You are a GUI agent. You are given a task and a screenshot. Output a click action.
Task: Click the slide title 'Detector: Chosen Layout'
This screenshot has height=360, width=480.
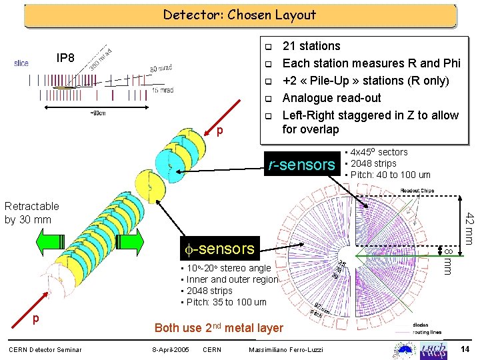pyautogui.click(x=239, y=14)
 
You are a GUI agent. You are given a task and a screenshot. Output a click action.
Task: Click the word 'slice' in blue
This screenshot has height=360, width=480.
pyautogui.click(x=21, y=64)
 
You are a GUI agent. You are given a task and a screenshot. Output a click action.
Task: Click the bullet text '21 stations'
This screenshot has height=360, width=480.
pyautogui.click(x=311, y=46)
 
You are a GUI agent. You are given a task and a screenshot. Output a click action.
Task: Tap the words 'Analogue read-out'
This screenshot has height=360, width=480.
pyautogui.click(x=332, y=98)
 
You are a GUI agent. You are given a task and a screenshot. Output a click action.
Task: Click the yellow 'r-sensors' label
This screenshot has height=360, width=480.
pyautogui.click(x=301, y=164)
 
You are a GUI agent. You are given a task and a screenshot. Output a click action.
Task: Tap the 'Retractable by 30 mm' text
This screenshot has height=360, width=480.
pyautogui.click(x=32, y=213)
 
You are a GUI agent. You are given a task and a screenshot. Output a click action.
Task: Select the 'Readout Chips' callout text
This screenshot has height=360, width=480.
pyautogui.click(x=417, y=191)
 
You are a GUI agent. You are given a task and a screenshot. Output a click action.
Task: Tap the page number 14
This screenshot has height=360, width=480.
pyautogui.click(x=465, y=349)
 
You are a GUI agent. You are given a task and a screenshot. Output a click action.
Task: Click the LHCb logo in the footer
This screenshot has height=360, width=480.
pyautogui.click(x=436, y=349)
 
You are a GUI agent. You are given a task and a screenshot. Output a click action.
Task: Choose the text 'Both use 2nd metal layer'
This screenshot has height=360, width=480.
pyautogui.click(x=219, y=328)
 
